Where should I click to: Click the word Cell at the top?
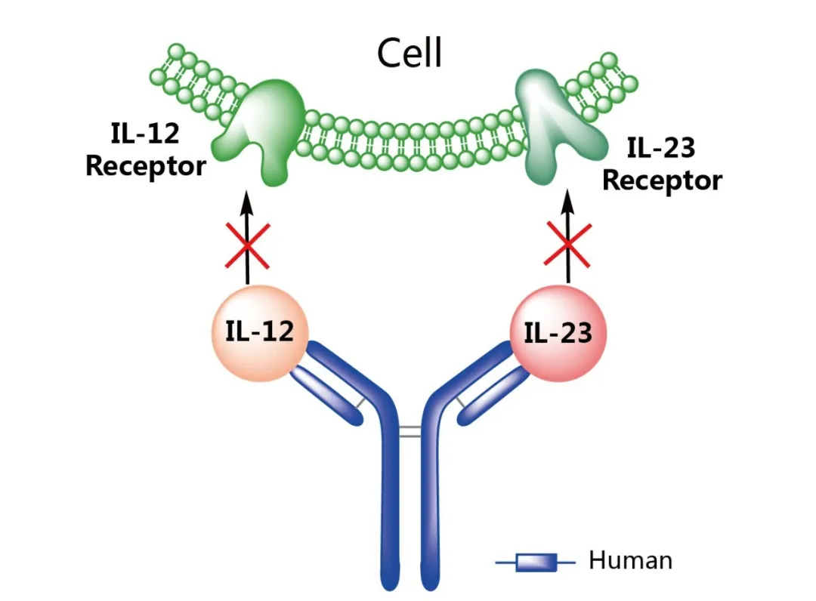pyautogui.click(x=410, y=54)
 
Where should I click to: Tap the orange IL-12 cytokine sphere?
pyautogui.click(x=259, y=332)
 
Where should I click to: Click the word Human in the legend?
pyautogui.click(x=630, y=561)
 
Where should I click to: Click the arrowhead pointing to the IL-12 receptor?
pyautogui.click(x=246, y=199)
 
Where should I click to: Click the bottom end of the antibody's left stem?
pyautogui.click(x=391, y=581)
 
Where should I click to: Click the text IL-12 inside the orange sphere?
pyautogui.click(x=259, y=331)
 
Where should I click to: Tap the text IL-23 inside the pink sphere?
pyautogui.click(x=558, y=333)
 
